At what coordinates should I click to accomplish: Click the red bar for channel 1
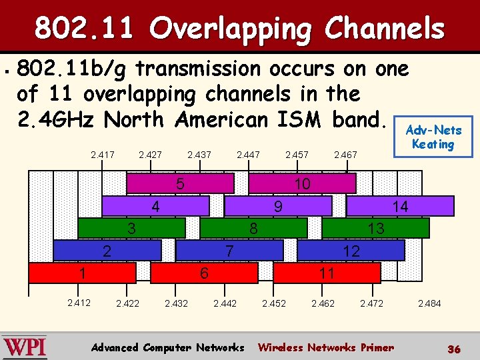(x=82, y=273)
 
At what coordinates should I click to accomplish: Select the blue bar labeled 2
(x=107, y=251)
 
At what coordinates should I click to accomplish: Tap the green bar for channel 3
(x=131, y=229)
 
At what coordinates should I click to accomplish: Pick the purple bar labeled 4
(x=155, y=207)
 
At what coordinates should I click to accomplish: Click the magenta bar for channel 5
(x=180, y=183)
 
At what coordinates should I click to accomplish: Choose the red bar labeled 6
(x=205, y=273)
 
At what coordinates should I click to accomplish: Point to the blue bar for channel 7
(x=229, y=251)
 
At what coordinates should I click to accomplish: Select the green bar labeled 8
(x=253, y=229)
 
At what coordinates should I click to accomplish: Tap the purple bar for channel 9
(x=278, y=207)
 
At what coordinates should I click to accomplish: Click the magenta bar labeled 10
(x=302, y=183)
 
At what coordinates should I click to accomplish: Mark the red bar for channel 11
(x=327, y=273)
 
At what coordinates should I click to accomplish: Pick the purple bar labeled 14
(x=400, y=207)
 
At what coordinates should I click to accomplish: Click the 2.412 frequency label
(x=79, y=303)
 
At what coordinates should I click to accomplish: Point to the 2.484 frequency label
(x=429, y=303)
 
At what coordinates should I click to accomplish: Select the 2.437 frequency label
(x=199, y=155)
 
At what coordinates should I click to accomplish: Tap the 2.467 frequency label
(x=345, y=155)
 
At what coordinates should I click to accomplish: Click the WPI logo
(x=25, y=347)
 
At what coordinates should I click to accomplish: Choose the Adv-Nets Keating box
(x=433, y=137)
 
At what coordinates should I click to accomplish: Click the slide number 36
(x=454, y=349)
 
